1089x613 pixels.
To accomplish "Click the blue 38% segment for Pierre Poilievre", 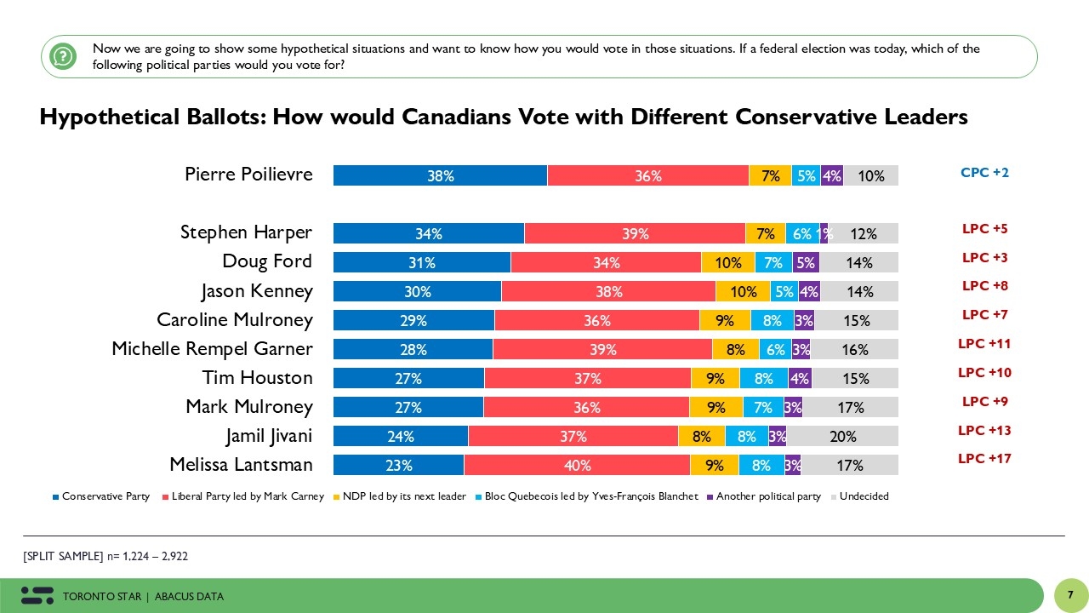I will tap(440, 175).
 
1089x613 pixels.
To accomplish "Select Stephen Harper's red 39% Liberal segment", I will tap(635, 233).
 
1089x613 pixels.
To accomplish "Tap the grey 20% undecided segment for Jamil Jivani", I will tap(842, 437).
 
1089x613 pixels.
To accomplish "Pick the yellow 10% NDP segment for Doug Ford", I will tap(727, 262).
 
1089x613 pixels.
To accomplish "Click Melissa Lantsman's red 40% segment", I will tap(577, 465).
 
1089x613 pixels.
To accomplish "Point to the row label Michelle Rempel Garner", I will tap(212, 349).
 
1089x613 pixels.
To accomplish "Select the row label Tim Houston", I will tap(257, 377).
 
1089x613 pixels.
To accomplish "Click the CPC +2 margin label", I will tap(984, 173).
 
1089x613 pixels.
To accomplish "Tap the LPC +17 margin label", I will tap(984, 458).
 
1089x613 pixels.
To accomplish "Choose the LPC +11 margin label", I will tap(984, 344).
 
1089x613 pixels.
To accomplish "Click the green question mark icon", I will tap(63, 56).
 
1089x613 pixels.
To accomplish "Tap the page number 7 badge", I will tap(1070, 593).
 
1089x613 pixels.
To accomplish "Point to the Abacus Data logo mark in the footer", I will tap(37, 595).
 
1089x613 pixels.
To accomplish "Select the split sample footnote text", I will tap(105, 556).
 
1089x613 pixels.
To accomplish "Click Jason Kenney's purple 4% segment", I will tap(809, 291).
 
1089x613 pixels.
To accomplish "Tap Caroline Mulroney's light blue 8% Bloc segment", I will tap(772, 320).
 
